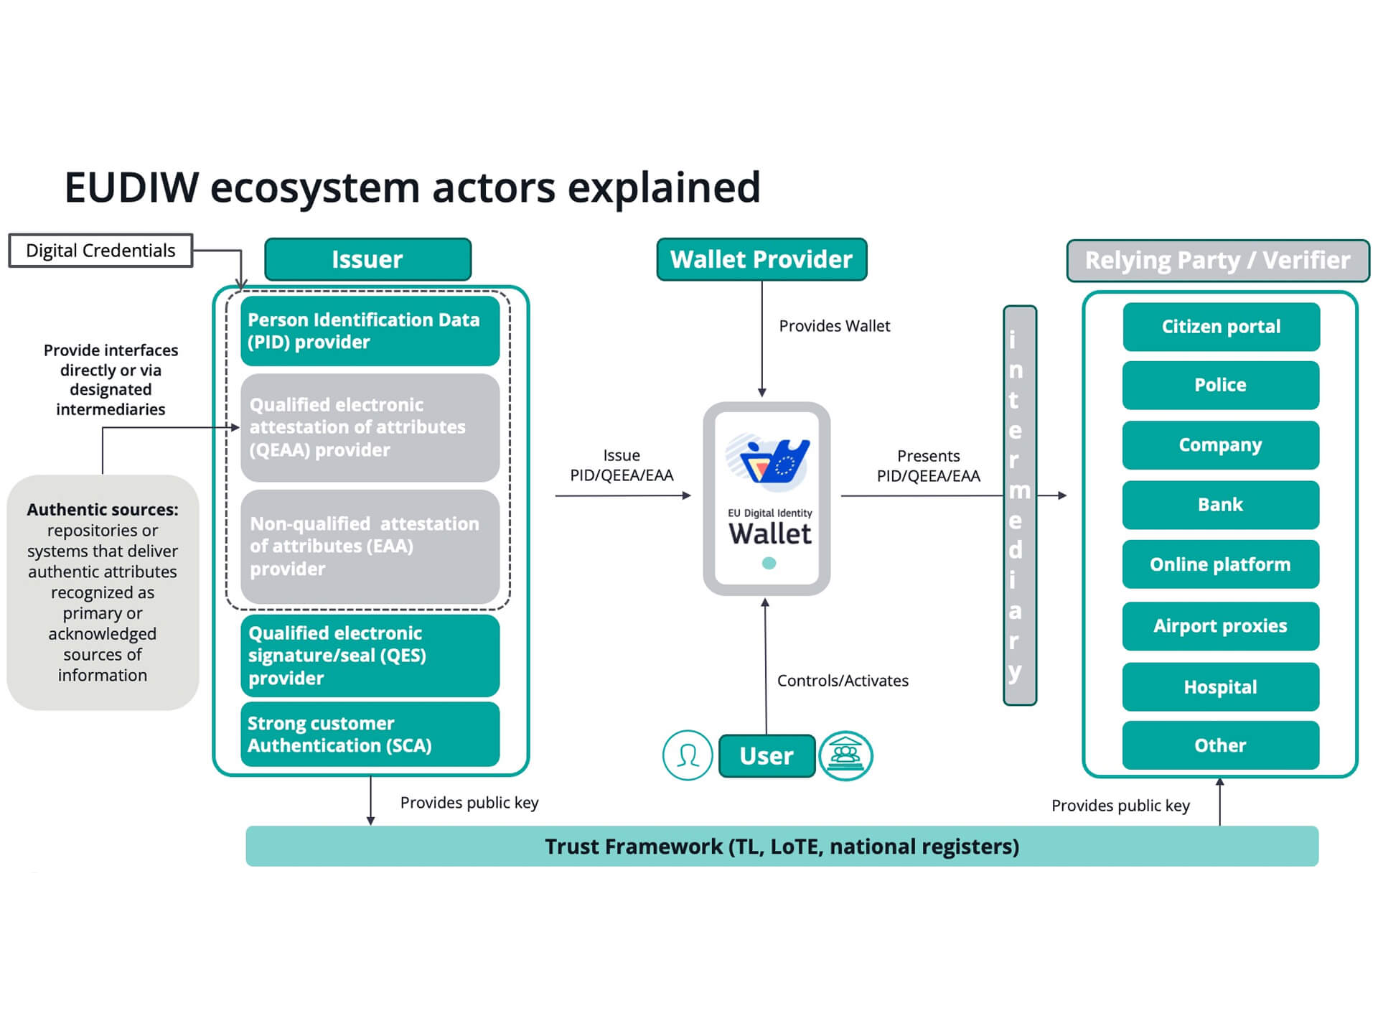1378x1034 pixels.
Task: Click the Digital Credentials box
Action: pyautogui.click(x=100, y=251)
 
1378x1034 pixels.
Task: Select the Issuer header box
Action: pyautogui.click(x=367, y=259)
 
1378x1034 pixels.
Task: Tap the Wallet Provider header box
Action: pyautogui.click(x=761, y=259)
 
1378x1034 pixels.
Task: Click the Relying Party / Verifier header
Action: pyautogui.click(x=1217, y=261)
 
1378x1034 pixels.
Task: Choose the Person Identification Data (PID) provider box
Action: pyautogui.click(x=370, y=331)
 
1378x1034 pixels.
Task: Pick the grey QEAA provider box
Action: pyautogui.click(x=370, y=427)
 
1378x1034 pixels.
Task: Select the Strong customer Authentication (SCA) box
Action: pyautogui.click(x=370, y=734)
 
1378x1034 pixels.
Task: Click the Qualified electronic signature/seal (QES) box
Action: pyautogui.click(x=370, y=656)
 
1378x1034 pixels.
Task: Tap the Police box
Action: pyautogui.click(x=1220, y=385)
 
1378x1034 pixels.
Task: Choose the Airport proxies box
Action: pyautogui.click(x=1220, y=626)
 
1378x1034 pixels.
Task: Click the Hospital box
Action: pyautogui.click(x=1220, y=687)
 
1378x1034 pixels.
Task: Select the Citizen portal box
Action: pyautogui.click(x=1221, y=327)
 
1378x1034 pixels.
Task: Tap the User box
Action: pyautogui.click(x=767, y=756)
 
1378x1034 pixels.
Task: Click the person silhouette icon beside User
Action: pyautogui.click(x=688, y=755)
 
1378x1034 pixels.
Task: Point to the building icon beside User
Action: pyautogui.click(x=846, y=755)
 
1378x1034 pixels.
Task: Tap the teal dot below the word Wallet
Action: pyautogui.click(x=769, y=564)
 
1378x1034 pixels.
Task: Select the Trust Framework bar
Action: pyautogui.click(x=782, y=847)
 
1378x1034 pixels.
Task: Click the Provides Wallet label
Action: pyautogui.click(x=835, y=326)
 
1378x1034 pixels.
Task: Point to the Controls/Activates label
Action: pyautogui.click(x=843, y=681)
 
